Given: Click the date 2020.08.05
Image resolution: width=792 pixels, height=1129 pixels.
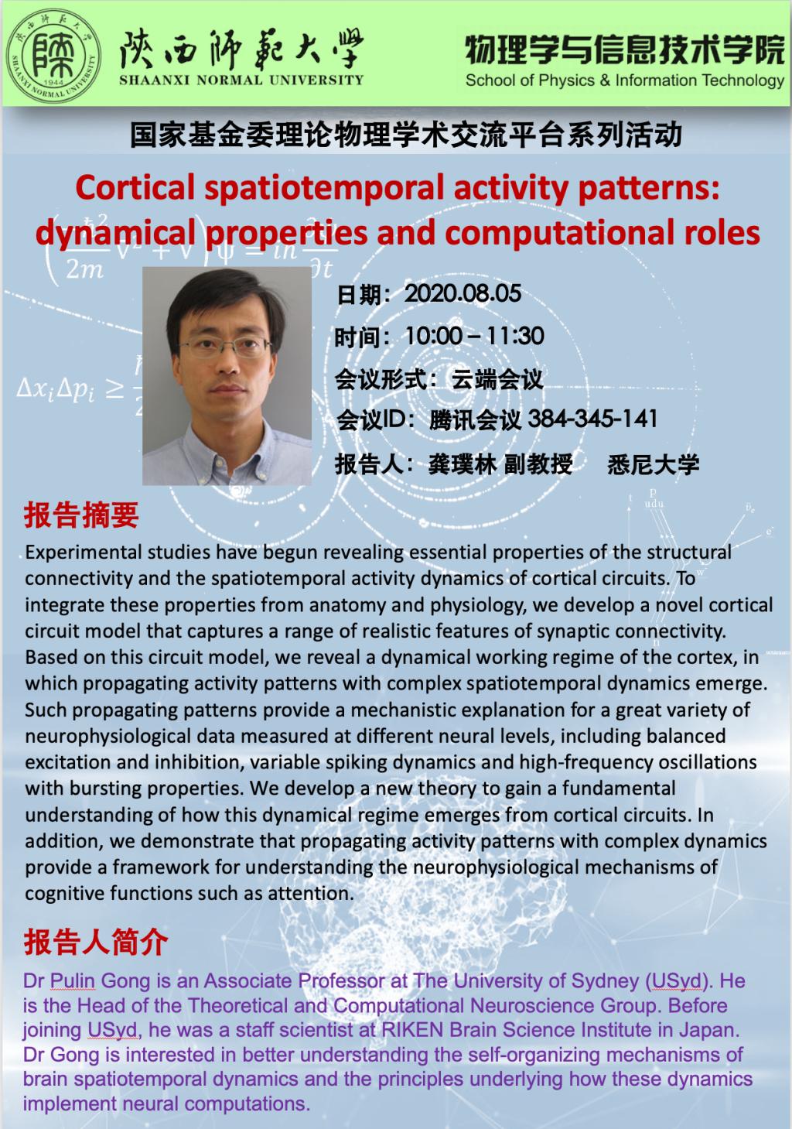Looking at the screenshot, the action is point(463,293).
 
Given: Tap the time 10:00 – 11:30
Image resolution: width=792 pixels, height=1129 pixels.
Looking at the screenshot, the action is point(474,336).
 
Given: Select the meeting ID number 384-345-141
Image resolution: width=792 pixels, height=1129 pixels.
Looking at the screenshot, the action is point(592,419).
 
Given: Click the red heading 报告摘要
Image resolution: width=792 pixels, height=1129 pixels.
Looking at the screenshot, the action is point(81,515).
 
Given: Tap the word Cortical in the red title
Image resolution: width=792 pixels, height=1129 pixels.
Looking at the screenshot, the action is point(135,187).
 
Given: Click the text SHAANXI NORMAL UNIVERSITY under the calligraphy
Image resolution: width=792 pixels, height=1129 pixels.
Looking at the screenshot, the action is point(241,80).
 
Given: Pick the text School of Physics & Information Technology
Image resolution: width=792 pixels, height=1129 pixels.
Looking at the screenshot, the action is point(625,80).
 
